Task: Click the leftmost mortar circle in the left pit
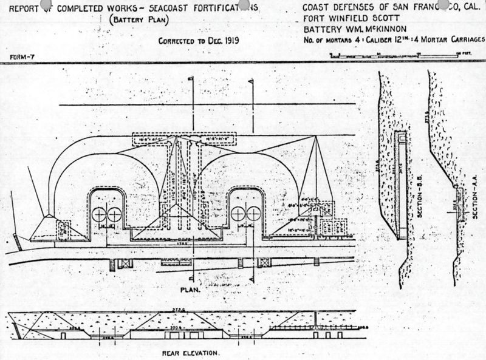pyautogui.click(x=100, y=214)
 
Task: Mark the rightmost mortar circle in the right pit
pyautogui.click(x=253, y=214)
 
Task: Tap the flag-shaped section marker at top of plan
pyautogui.click(x=251, y=82)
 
